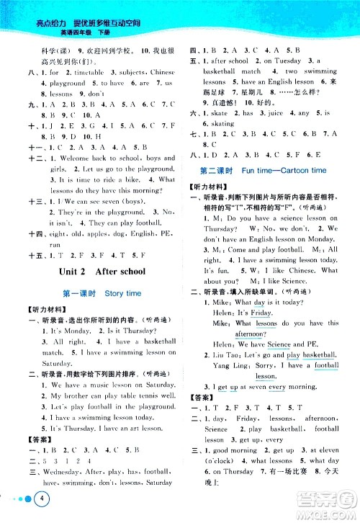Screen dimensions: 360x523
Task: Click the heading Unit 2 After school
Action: pyautogui.click(x=99, y=272)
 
